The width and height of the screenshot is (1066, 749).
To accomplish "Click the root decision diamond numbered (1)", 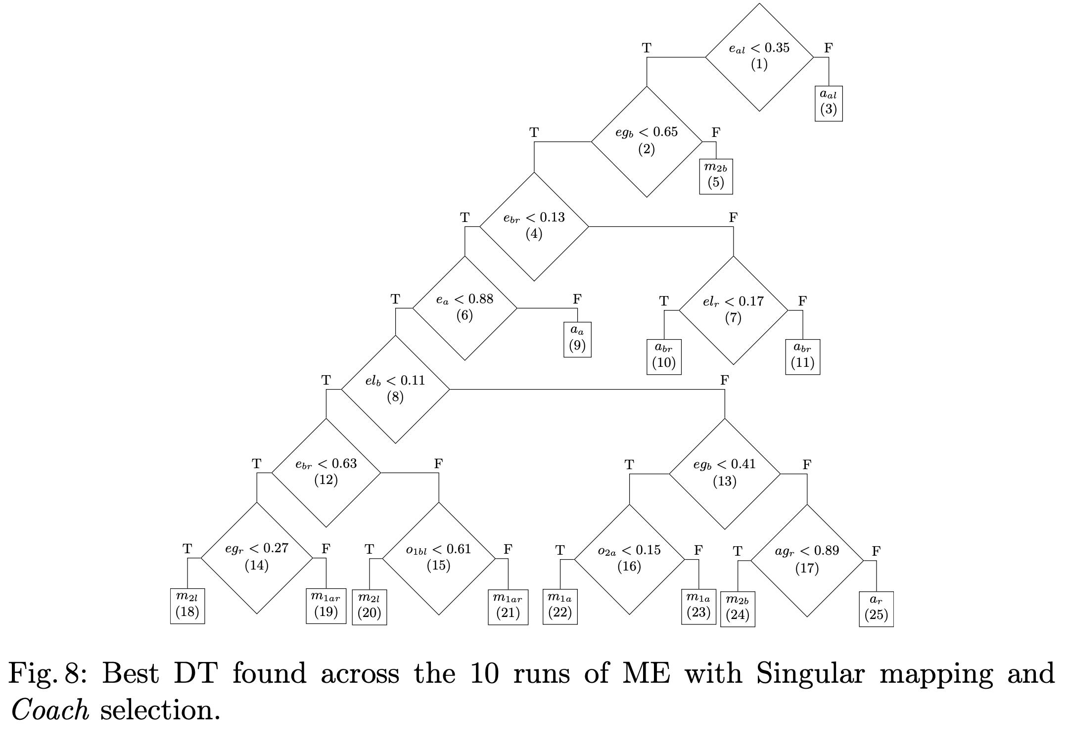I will coord(759,57).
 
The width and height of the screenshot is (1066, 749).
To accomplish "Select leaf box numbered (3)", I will coord(829,103).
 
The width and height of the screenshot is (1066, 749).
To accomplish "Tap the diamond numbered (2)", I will coord(647,141).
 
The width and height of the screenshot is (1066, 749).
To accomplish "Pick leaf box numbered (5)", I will coord(716,176).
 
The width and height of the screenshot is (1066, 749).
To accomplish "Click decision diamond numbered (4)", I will coord(534,226).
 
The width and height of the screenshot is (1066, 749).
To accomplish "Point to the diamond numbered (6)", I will coord(464,308).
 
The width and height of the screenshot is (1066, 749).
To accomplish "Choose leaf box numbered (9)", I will coord(577,339).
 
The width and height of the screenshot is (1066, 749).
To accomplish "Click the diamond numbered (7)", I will coord(733,310).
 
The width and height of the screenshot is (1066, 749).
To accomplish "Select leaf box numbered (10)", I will coord(664,356).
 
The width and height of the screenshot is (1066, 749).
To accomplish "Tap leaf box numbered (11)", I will coord(802,356).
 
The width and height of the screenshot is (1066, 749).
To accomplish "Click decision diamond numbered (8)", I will coord(395,389).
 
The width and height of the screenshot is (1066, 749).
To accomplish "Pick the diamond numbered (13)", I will coord(725,474).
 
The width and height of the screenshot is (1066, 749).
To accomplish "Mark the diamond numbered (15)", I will coord(439,558).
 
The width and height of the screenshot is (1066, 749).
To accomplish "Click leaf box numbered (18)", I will coord(187,606).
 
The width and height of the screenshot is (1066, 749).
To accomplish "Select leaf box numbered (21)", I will coord(508,607).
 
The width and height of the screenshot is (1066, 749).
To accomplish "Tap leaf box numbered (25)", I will coord(876,609).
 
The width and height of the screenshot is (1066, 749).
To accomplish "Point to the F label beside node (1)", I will coord(829,48).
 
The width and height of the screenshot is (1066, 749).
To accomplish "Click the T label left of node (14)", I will coord(187,548).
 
